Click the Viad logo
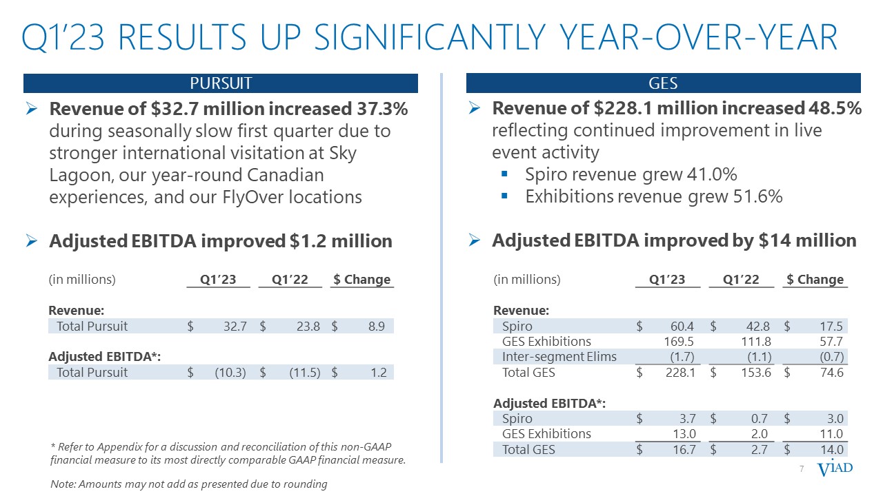835,469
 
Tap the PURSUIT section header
221,83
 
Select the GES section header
663,83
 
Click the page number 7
802,469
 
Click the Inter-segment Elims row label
559,357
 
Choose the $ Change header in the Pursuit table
361,279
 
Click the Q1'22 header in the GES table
741,279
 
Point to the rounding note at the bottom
189,484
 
